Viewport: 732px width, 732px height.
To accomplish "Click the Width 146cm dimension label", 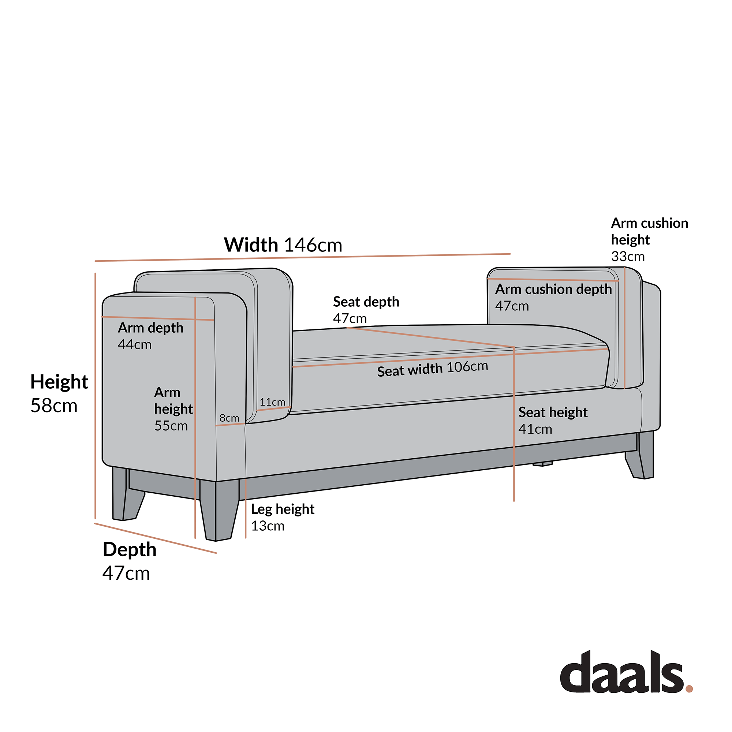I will (283, 245).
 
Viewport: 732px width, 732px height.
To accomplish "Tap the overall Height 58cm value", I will (54, 406).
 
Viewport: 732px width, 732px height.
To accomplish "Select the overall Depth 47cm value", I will (126, 573).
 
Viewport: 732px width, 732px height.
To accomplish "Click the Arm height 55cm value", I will (171, 426).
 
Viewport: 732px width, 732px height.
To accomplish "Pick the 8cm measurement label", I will (229, 418).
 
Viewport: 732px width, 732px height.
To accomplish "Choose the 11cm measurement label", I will (272, 402).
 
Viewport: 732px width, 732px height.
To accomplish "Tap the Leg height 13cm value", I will (268, 526).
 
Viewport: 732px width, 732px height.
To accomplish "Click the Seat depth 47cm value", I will (350, 319).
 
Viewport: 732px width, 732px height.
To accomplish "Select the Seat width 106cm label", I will (432, 369).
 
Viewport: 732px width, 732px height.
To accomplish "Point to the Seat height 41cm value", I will (535, 429).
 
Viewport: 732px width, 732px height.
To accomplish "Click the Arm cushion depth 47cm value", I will (512, 306).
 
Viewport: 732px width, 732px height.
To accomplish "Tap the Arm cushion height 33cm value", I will (627, 257).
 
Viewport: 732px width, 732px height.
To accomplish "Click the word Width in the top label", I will (251, 245).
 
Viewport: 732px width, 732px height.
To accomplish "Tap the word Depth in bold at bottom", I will (130, 549).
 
